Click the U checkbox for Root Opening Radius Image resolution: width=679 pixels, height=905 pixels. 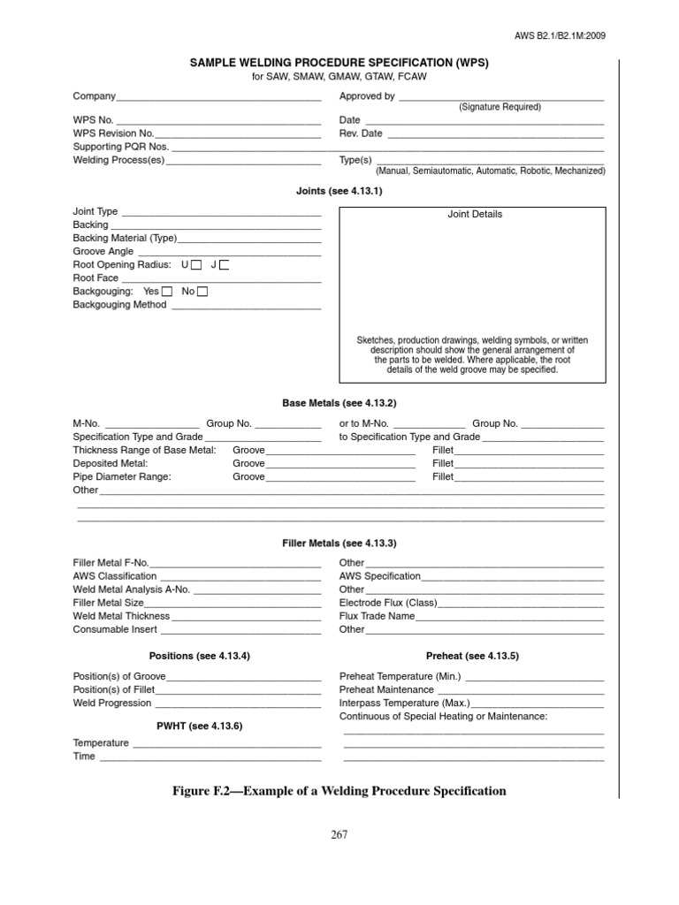[196, 264]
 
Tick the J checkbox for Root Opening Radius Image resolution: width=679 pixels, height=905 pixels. [224, 264]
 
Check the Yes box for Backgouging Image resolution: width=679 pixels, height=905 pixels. [167, 291]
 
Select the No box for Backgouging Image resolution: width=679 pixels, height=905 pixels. [202, 291]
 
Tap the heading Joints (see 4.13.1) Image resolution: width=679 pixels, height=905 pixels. [339, 190]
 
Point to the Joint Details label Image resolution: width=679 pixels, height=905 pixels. [475, 214]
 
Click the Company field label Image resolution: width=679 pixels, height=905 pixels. [94, 96]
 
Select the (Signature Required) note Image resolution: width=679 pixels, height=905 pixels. [500, 107]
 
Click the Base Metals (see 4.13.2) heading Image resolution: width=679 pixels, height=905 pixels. [339, 403]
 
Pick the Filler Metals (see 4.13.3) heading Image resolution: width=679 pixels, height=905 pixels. [339, 543]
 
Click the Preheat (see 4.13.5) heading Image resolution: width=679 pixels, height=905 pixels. [472, 656]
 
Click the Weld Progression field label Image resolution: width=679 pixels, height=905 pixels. [112, 703]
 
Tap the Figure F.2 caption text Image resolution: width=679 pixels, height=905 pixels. [339, 791]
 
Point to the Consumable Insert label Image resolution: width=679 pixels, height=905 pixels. [115, 629]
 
